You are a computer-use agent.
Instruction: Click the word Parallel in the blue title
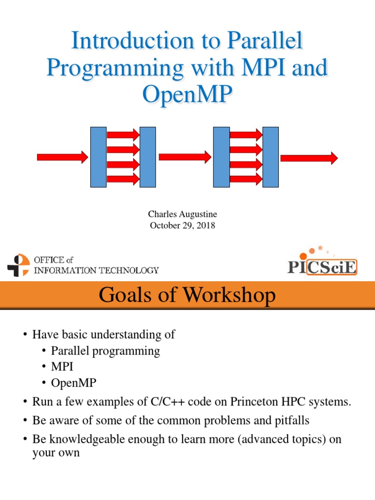pyautogui.click(x=264, y=40)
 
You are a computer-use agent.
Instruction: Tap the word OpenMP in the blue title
pyautogui.click(x=187, y=94)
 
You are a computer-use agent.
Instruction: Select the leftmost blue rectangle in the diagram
pyautogui.click(x=98, y=157)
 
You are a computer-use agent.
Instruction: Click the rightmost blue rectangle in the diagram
pyautogui.click(x=271, y=157)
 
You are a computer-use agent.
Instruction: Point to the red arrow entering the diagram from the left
pyautogui.click(x=62, y=157)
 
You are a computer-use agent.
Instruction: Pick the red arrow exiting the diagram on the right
pyautogui.click(x=309, y=158)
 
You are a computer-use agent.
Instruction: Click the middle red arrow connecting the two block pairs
pyautogui.click(x=185, y=157)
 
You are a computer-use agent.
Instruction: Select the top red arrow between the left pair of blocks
pyautogui.click(x=123, y=135)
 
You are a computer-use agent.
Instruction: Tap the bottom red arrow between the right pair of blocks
pyautogui.click(x=246, y=179)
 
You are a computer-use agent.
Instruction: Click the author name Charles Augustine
pyautogui.click(x=183, y=214)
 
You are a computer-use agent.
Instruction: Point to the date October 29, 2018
pyautogui.click(x=183, y=226)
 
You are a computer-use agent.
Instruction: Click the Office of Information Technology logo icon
pyautogui.click(x=19, y=265)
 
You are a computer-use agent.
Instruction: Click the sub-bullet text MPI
pyautogui.click(x=62, y=366)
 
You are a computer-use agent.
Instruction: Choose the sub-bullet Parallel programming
pyautogui.click(x=105, y=351)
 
